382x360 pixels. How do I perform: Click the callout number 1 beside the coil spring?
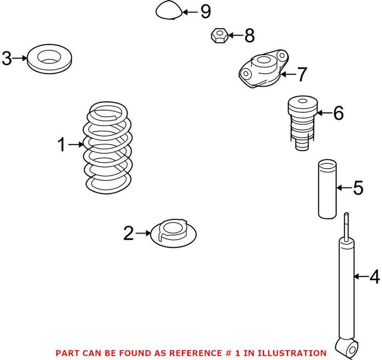pyautogui.click(x=62, y=144)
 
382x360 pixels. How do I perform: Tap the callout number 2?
pyautogui.click(x=128, y=233)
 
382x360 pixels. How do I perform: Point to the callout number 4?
pyautogui.click(x=374, y=276)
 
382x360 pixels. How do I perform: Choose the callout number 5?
pyautogui.click(x=358, y=188)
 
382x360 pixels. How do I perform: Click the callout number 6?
pyautogui.click(x=338, y=113)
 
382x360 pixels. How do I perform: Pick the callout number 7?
pyautogui.click(x=302, y=74)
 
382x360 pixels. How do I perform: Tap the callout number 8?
pyautogui.click(x=249, y=35)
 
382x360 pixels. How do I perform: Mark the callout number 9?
pyautogui.click(x=205, y=11)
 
